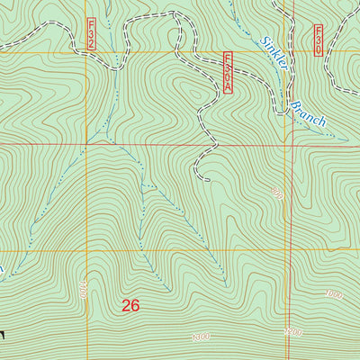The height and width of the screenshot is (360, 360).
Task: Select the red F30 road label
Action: pos(319,40)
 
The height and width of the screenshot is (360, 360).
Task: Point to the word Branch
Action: pos(306,112)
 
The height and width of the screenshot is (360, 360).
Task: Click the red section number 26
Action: pos(130,305)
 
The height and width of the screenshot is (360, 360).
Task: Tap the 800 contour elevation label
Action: pos(276,194)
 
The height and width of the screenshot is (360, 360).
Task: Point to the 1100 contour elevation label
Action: pos(83,290)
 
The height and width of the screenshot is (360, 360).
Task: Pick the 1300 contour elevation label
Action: pos(204,337)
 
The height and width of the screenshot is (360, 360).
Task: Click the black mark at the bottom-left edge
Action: pos(3,335)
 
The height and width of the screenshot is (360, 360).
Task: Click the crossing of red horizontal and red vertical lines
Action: pos(291,144)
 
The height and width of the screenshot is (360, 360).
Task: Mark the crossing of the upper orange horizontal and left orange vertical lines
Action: pos(87,52)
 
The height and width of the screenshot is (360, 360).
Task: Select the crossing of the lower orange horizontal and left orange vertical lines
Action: pos(87,251)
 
